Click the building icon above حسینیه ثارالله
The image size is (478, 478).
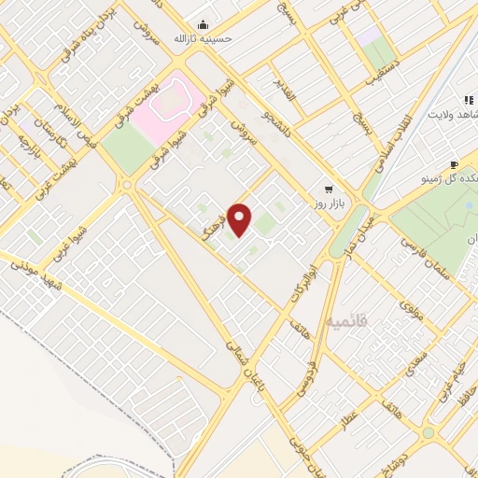tap(204, 25)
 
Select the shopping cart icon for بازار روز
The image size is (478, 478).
tap(327, 187)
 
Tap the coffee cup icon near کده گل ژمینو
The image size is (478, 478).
tap(455, 164)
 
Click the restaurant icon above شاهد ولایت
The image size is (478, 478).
tap(466, 100)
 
